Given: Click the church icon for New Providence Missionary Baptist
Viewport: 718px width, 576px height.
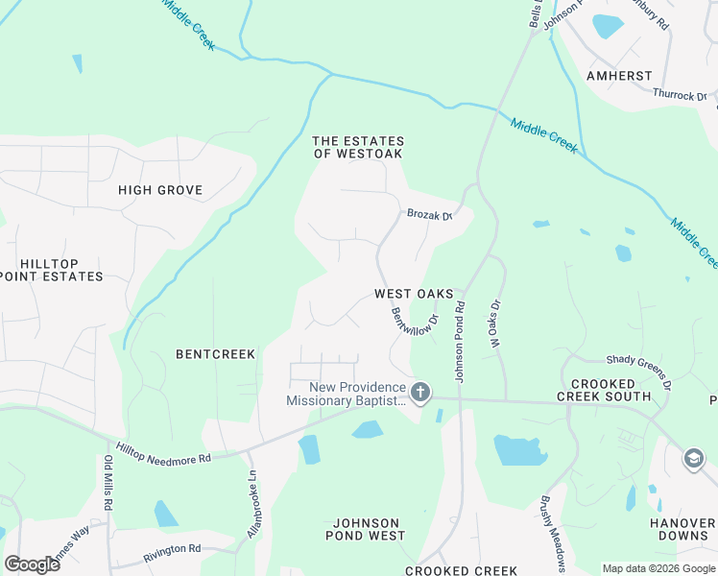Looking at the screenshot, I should (x=419, y=392).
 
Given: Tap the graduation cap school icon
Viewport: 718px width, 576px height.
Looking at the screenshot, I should (x=692, y=460).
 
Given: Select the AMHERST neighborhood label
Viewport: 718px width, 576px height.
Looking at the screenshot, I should (x=620, y=76).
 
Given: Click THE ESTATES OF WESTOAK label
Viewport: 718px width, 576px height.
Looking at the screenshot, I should (x=357, y=147).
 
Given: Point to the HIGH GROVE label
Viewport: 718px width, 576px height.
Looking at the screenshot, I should (x=160, y=190).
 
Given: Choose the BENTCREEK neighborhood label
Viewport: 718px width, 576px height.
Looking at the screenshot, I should (x=216, y=354).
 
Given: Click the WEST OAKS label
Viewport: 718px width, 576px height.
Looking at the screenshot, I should (x=414, y=294).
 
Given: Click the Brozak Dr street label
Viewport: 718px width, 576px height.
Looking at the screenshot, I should (x=428, y=216).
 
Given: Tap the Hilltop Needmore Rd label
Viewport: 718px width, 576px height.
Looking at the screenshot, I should (x=163, y=453).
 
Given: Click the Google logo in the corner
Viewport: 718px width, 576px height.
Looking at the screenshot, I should (x=32, y=564).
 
